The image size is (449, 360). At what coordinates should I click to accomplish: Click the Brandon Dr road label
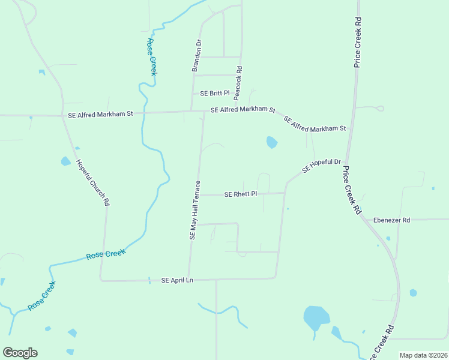click(196, 56)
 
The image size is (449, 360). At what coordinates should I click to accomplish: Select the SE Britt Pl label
click(215, 93)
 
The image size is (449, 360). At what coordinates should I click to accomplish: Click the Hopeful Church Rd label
click(92, 182)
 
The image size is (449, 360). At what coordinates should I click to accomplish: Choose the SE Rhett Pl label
click(240, 194)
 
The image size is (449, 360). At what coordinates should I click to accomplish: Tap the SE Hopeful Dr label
click(321, 166)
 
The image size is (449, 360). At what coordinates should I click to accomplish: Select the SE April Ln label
click(178, 280)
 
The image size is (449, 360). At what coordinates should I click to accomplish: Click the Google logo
click(20, 353)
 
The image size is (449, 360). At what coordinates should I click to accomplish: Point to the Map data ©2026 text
click(423, 355)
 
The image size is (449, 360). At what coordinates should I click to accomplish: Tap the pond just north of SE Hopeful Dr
click(272, 142)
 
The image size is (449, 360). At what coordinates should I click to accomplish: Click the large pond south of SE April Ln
click(316, 317)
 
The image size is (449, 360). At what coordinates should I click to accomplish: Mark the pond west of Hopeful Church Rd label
click(65, 161)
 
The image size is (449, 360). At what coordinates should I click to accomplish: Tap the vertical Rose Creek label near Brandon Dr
click(152, 57)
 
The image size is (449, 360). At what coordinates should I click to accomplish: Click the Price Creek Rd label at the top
click(358, 42)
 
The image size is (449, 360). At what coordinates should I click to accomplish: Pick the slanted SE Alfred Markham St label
click(315, 124)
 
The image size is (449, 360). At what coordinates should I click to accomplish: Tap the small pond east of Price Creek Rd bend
click(413, 293)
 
